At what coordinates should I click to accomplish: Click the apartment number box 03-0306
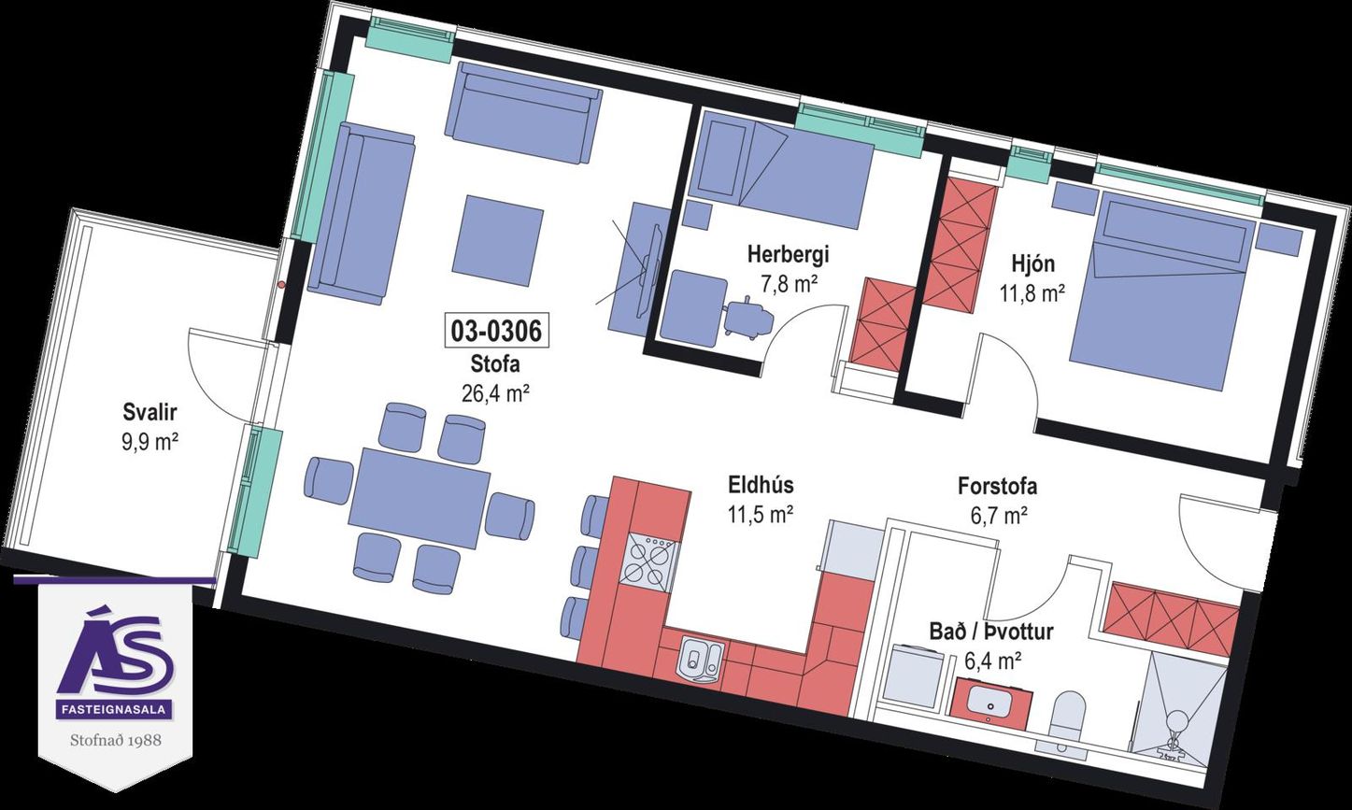tap(496, 331)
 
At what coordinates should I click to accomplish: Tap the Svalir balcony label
tap(149, 413)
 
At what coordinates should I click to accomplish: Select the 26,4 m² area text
tap(495, 393)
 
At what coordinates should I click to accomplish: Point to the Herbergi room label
tap(789, 255)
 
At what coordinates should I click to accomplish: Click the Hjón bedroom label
tap(1032, 263)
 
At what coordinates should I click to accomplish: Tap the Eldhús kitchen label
tap(761, 485)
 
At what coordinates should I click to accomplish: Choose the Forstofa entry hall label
tap(997, 487)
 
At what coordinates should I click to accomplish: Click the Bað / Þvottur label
tap(991, 632)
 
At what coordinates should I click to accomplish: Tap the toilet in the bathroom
tap(1066, 719)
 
